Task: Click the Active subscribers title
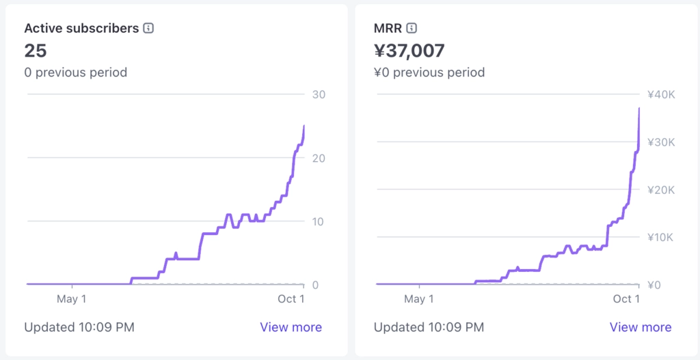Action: click(x=81, y=29)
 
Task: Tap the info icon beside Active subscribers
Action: click(x=148, y=29)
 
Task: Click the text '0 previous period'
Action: click(x=75, y=72)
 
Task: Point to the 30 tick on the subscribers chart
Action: click(x=318, y=94)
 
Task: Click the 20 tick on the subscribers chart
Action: click(x=318, y=158)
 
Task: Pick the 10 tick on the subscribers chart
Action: click(x=318, y=221)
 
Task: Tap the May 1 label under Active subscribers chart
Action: click(x=71, y=299)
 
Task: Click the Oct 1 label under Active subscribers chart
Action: click(x=291, y=299)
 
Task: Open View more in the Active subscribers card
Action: click(x=291, y=327)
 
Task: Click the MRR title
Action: click(x=388, y=29)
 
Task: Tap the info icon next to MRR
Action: click(x=412, y=29)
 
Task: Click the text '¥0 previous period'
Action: click(x=429, y=72)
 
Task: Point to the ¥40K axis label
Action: click(x=661, y=94)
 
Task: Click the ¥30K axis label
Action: click(x=661, y=142)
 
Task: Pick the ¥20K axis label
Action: click(x=661, y=190)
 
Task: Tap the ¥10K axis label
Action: click(x=661, y=237)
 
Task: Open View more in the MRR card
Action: click(x=641, y=327)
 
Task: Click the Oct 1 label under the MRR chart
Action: click(x=626, y=299)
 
